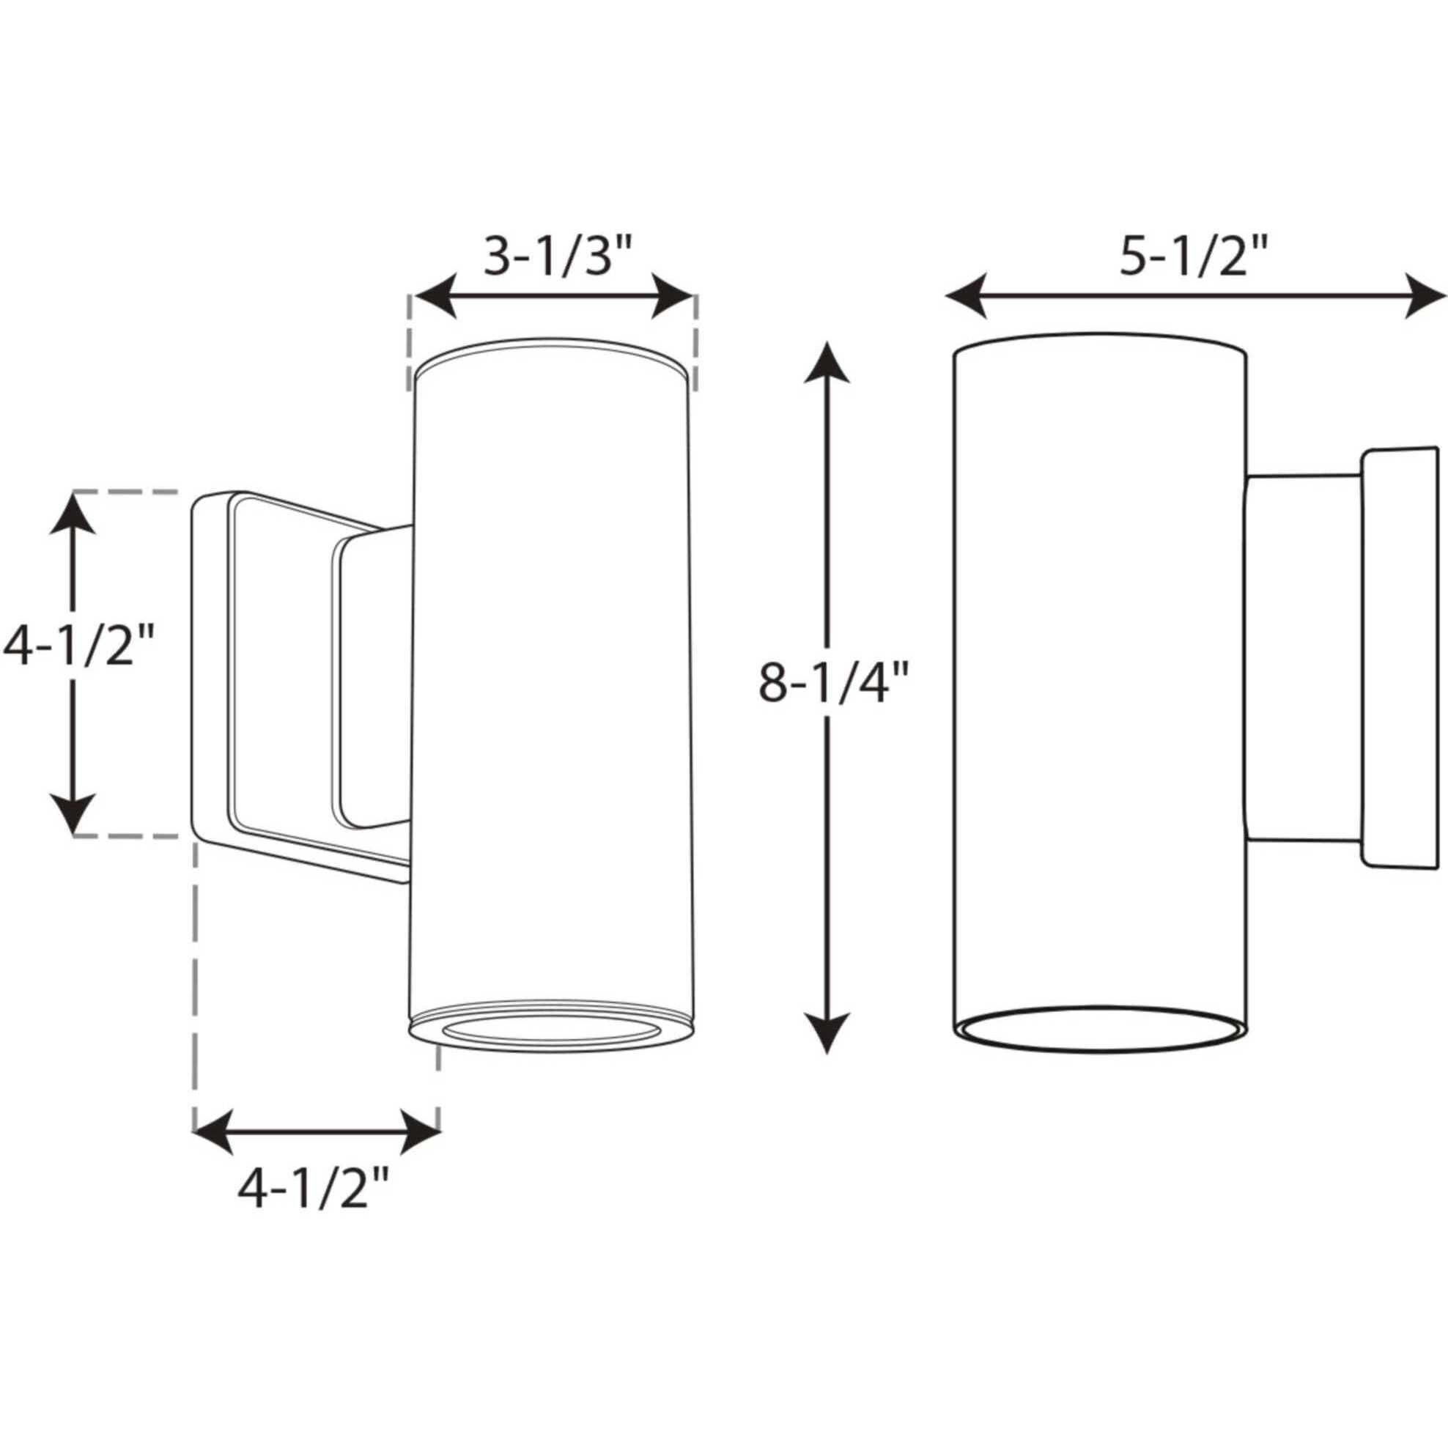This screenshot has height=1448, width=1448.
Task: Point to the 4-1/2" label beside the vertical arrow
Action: pos(78,646)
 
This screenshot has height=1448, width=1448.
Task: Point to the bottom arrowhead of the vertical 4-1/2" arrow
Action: pos(73,814)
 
